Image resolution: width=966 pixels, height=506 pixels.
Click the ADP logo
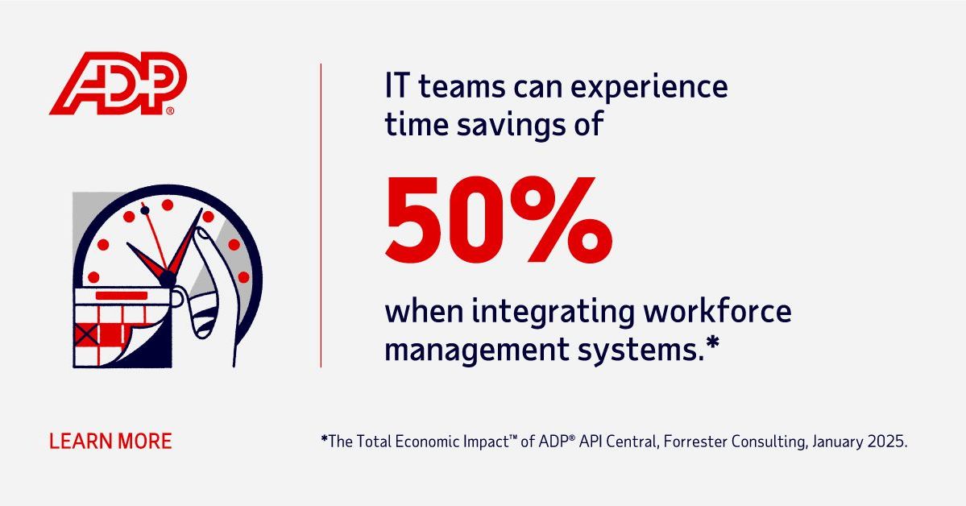click(x=118, y=83)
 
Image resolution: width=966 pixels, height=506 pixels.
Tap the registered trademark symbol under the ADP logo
click(x=170, y=111)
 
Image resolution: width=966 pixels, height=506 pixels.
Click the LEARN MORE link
click(x=110, y=442)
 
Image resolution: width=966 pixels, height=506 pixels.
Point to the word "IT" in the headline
click(x=398, y=87)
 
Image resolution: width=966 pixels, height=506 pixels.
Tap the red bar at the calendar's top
click(x=122, y=296)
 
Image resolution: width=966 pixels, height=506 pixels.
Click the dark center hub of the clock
click(x=168, y=279)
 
